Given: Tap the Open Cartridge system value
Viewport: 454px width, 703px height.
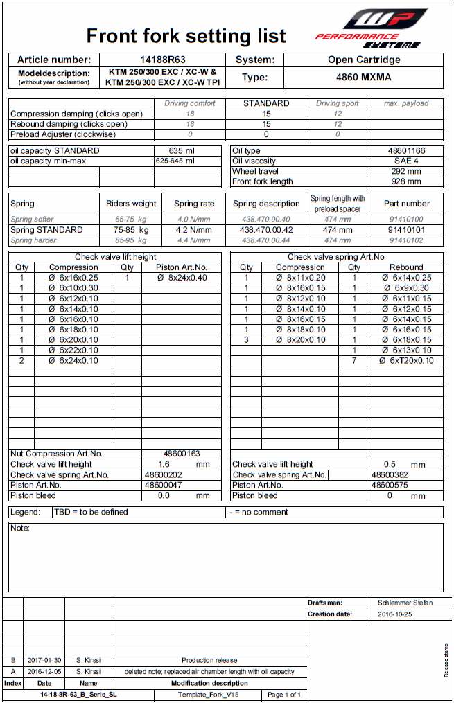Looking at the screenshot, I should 364,60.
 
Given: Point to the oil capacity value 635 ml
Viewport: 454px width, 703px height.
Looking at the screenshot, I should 182,150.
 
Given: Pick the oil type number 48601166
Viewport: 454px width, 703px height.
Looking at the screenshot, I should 406,150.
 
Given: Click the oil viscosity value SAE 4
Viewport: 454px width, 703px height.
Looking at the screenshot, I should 406,161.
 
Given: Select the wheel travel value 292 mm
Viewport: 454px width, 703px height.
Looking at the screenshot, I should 406,171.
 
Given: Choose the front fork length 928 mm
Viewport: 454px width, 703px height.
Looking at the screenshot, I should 406,181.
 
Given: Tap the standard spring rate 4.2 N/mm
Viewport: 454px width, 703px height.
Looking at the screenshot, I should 194,230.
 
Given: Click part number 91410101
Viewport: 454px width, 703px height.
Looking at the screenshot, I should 406,230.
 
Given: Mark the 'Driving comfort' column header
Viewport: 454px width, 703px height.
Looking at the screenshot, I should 189,103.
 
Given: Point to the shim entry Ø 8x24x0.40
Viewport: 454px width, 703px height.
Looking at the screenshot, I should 182,278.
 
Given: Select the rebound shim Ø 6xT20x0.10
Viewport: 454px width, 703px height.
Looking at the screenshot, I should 406,361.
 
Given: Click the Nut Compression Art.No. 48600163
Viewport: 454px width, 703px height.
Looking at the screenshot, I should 182,454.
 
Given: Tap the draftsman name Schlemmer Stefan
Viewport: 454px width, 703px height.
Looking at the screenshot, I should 405,603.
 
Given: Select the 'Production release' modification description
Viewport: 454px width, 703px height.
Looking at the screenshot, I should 209,660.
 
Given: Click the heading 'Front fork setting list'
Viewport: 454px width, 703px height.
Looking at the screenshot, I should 186,36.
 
